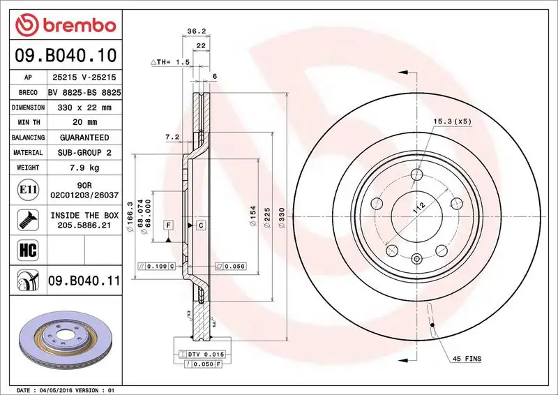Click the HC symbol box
[x=24, y=248]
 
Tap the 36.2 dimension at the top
[x=196, y=31]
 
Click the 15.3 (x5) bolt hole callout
[x=452, y=122]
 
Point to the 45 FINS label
[x=467, y=359]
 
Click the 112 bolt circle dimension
[x=418, y=207]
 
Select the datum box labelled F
[x=168, y=225]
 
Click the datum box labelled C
[x=200, y=225]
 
